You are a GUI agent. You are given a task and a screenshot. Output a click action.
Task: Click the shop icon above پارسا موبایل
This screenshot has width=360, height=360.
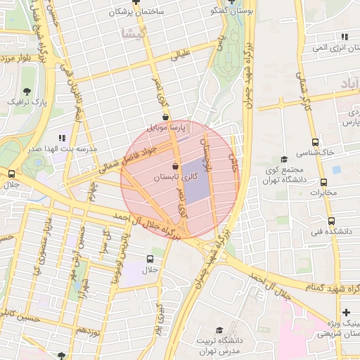click(165, 117)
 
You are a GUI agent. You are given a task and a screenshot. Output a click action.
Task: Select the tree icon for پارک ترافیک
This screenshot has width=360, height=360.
click(27, 91)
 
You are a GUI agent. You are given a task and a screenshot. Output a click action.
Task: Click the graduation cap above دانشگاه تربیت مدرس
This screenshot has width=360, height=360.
click(219, 330)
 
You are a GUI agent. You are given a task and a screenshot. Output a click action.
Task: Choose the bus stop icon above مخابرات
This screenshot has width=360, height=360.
click(324, 181)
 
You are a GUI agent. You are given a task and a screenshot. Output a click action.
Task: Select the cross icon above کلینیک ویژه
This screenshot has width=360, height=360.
click(345, 312)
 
